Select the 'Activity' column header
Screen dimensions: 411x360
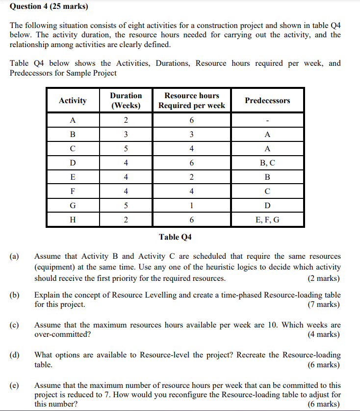click(73, 101)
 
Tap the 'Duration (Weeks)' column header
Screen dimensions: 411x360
click(126, 101)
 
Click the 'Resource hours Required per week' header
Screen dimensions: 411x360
click(192, 101)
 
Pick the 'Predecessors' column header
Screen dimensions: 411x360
click(267, 101)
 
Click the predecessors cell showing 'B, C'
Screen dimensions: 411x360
click(267, 163)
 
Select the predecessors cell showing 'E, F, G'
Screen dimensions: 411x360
click(267, 220)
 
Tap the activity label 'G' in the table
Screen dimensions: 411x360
click(73, 206)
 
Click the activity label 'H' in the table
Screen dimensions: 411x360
click(73, 220)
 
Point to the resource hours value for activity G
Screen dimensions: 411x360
click(192, 206)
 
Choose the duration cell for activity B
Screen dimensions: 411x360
click(126, 135)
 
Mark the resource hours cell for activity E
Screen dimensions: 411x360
click(192, 177)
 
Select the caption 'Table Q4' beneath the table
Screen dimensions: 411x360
click(175, 237)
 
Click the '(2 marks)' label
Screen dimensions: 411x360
click(324, 278)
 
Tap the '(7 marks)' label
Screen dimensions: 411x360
click(324, 304)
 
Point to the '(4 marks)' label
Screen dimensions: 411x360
click(324, 334)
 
